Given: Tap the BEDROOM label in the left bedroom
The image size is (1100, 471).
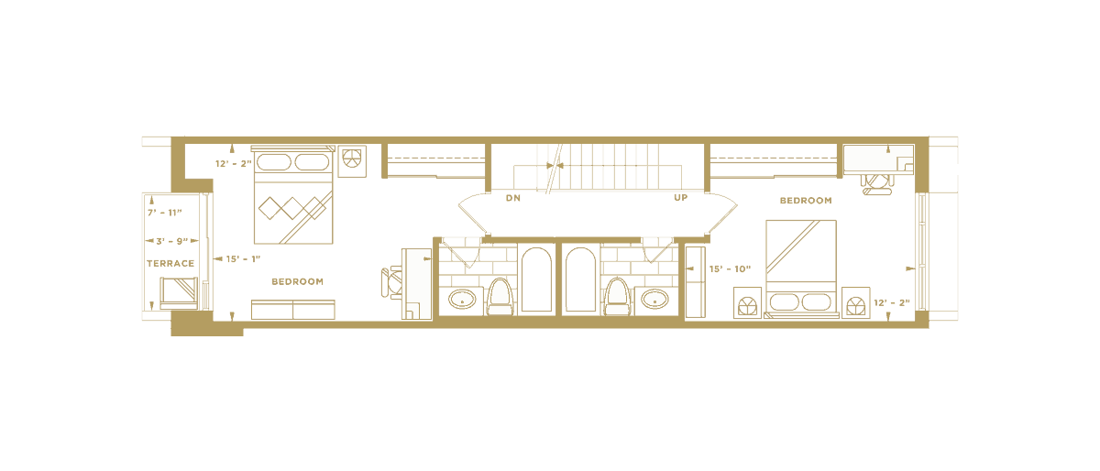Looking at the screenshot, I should tap(297, 280).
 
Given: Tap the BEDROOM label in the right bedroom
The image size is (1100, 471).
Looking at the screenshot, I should tap(806, 200).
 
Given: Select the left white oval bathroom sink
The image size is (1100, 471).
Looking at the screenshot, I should tap(462, 299).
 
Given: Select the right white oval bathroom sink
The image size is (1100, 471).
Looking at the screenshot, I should tap(654, 299).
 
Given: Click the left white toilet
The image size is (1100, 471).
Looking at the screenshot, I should tap(499, 297).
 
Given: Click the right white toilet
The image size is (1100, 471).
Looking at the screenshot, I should tap(618, 297).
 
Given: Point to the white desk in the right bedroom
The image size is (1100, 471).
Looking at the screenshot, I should tap(877, 159).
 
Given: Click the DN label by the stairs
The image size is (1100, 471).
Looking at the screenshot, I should tap(514, 197).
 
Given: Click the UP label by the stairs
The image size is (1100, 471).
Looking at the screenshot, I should tap(680, 197).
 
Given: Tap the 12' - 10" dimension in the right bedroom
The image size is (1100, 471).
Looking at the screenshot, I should tap(730, 269).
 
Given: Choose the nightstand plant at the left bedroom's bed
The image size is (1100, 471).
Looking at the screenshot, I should tap(352, 159).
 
